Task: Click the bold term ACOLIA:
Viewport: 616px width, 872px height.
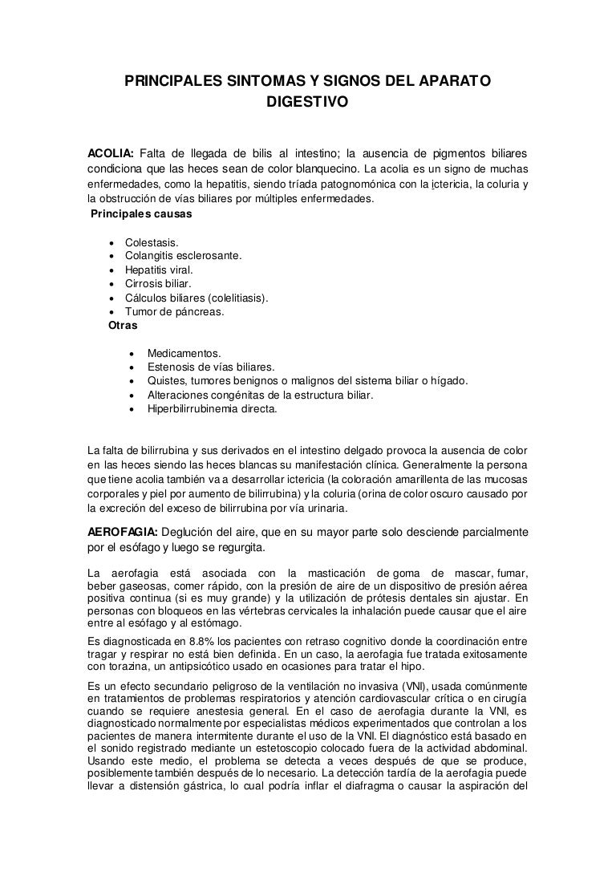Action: [x=110, y=153]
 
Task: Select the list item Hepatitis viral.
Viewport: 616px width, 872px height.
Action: [x=160, y=270]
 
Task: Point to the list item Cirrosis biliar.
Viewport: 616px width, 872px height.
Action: [x=158, y=284]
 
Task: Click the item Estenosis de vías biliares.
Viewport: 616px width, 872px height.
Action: [x=211, y=367]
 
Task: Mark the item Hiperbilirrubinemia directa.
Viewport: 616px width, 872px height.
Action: [x=212, y=408]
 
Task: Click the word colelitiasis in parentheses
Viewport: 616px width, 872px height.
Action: [x=237, y=298]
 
